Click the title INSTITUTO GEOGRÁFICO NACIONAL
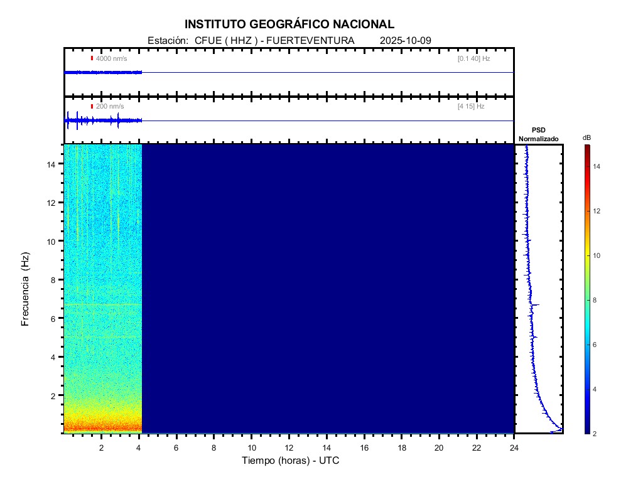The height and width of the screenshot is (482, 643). coord(289,24)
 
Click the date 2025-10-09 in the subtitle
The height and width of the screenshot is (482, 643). coord(406,41)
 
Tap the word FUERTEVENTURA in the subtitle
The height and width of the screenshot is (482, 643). coord(310,41)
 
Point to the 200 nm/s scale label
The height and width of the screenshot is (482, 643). coord(110,107)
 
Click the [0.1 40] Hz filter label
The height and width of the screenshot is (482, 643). coord(473,58)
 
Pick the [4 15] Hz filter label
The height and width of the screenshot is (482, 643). coord(471,107)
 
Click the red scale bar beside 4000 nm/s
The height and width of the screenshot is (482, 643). coord(92,58)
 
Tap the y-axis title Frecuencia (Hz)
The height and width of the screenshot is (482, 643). coord(26,289)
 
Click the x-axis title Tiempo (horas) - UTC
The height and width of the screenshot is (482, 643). coord(291,461)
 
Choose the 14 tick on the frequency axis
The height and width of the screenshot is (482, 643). coord(53,164)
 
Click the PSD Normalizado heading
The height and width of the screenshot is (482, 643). coord(538,134)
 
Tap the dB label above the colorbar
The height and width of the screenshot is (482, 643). coord(586,137)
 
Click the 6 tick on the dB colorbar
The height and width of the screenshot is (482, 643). coord(597,345)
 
